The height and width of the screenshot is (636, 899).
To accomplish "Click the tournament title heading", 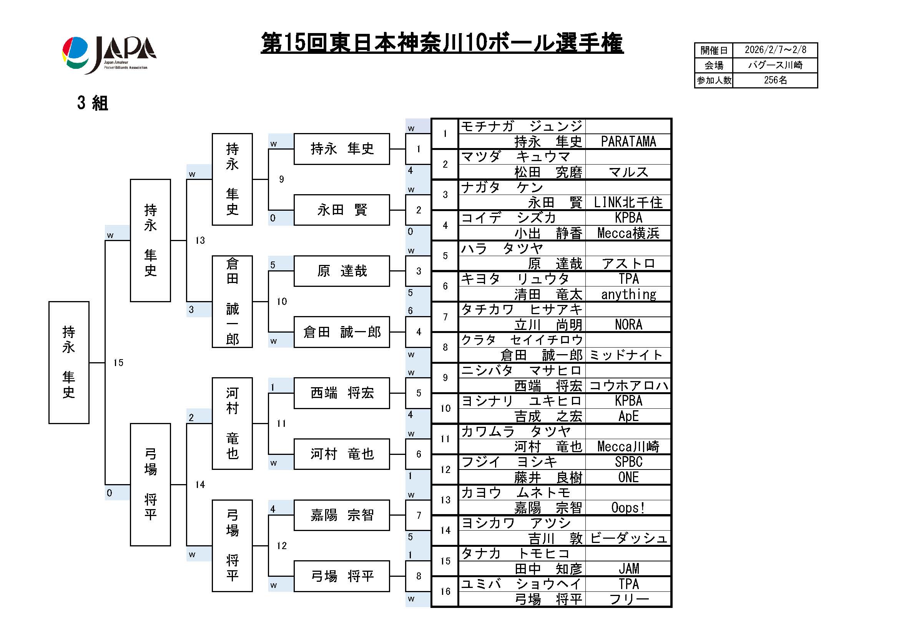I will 442,43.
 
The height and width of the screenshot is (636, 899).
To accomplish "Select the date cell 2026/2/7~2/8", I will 775,50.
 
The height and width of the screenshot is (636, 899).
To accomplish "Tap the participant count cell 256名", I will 775,80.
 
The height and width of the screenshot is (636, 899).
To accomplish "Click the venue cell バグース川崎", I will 775,65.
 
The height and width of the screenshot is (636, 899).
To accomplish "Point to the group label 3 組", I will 92,103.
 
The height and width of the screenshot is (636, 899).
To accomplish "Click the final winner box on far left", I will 69,362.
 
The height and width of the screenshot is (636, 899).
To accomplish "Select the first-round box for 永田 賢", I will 341,210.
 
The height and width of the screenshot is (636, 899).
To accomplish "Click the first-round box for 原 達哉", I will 341,271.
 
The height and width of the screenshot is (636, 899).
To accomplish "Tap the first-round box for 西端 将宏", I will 341,393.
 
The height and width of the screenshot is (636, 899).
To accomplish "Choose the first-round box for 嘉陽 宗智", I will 341,515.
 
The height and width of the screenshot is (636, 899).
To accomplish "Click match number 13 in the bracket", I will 200,240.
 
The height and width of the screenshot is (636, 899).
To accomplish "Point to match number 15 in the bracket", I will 118,363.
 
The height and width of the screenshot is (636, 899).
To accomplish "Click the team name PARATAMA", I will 628,142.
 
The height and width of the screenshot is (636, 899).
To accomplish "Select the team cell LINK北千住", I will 628,203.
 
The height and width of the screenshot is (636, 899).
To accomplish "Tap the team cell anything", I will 628,294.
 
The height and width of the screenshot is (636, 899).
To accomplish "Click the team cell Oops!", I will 628,508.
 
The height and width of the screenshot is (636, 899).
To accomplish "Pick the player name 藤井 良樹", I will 548,478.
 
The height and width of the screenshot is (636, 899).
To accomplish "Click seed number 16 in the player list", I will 445,591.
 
